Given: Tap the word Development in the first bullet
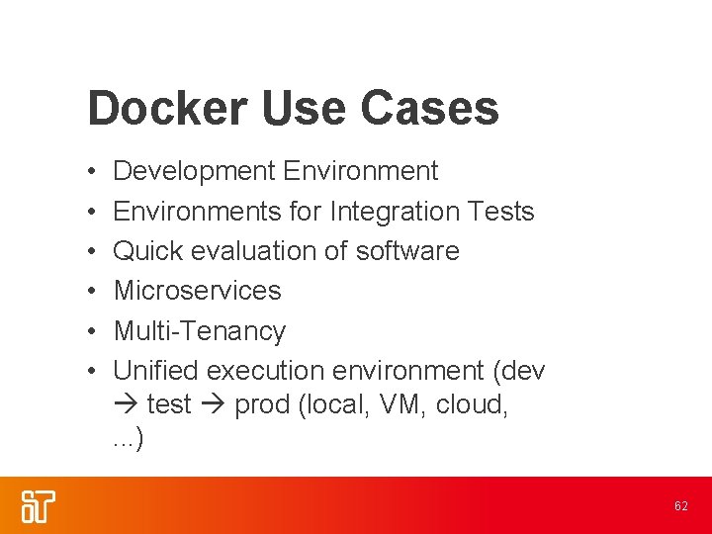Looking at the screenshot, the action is (194, 171).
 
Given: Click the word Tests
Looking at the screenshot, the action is (501, 212).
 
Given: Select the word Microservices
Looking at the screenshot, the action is (197, 291).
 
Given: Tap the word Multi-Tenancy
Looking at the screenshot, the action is (199, 331).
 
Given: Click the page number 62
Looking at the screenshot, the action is (681, 506).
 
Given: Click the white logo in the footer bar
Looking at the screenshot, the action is (38, 505).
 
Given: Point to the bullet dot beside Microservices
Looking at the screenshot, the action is (90, 292).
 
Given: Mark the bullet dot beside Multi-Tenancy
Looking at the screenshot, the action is (90, 331).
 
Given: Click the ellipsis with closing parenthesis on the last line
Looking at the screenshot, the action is (129, 440).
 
